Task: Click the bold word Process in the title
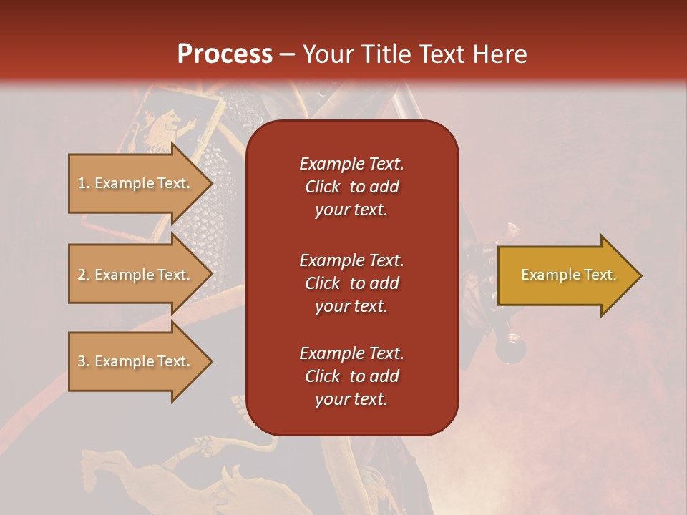click(x=225, y=54)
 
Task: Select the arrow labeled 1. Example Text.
click(x=136, y=183)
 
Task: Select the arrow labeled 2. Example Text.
click(x=136, y=275)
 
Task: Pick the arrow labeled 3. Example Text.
click(x=136, y=361)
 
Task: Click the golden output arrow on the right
click(x=565, y=275)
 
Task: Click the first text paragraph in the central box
click(x=351, y=187)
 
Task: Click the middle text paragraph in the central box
click(x=351, y=283)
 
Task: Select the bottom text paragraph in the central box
click(x=351, y=376)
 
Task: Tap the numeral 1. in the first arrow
click(x=84, y=183)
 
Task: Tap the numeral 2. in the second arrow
click(x=84, y=275)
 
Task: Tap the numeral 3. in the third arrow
click(x=84, y=361)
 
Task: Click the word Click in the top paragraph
click(x=323, y=187)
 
